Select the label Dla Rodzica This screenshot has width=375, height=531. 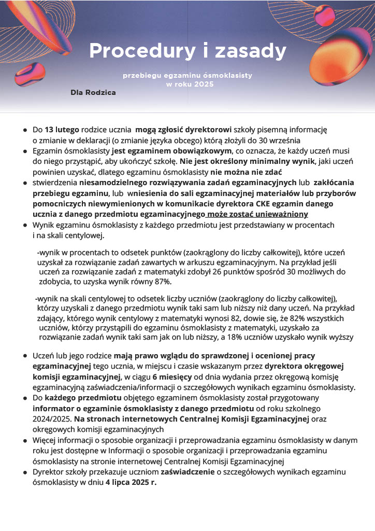pos(93,92)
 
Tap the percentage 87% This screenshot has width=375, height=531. pos(163,282)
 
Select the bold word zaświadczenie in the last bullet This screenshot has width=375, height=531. pos(187,472)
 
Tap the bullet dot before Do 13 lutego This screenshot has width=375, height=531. pos(25,130)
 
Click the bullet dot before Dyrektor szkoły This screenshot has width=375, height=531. pos(25,472)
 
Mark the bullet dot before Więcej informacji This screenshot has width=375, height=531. pos(25,440)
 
